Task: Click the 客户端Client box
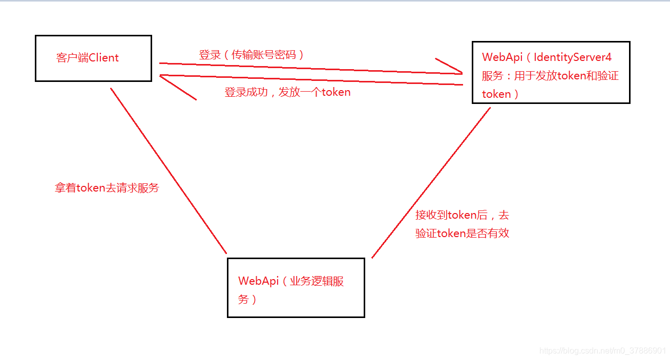(93, 58)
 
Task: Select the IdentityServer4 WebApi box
(551, 73)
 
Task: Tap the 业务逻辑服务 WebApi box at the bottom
(296, 288)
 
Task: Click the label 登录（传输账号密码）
(252, 55)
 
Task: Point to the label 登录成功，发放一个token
(287, 93)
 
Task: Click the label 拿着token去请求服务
(107, 188)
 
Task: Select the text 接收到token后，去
(462, 215)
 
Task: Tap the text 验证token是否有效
(462, 234)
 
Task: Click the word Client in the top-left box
(104, 58)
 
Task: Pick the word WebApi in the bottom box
(258, 281)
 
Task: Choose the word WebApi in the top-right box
(502, 57)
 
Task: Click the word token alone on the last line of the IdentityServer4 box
(496, 94)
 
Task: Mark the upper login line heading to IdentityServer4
(307, 69)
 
